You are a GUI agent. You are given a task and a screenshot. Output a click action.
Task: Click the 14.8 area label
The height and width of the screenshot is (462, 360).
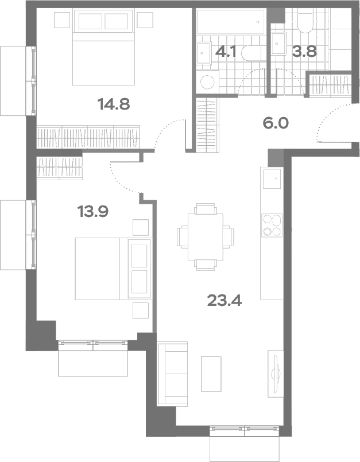pos(114,104)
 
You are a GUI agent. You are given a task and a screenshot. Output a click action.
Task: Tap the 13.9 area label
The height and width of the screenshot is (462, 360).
pos(93,211)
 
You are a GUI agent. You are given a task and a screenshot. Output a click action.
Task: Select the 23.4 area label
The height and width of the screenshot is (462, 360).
pos(224,301)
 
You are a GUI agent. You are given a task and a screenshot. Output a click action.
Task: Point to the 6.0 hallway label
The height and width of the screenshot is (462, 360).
pos(276,123)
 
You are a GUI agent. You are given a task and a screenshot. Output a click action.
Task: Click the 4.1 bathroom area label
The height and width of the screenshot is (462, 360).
pos(226,52)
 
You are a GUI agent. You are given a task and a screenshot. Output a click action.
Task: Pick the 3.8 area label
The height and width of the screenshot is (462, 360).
pos(304,52)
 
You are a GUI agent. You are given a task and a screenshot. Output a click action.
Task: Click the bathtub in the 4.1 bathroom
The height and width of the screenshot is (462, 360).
pos(231,22)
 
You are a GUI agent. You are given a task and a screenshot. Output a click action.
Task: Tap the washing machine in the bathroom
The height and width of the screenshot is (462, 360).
pos(208,81)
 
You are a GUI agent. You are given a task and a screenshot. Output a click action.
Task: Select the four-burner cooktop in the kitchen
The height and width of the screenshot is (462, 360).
pos(272,226)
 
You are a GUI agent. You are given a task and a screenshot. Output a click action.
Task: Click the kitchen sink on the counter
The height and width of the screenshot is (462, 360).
pos(272,178)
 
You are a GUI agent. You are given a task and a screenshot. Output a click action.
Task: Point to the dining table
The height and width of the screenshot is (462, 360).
pos(206,237)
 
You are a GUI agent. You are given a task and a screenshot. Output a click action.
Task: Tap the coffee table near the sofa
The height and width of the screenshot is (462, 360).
pos(211,374)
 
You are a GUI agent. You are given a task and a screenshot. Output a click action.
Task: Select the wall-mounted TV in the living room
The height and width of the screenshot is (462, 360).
pos(276,374)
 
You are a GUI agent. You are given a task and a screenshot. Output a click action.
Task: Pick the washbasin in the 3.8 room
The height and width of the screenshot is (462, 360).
pos(278,44)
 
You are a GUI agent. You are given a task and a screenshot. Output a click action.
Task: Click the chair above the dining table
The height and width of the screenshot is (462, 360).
pos(206,208)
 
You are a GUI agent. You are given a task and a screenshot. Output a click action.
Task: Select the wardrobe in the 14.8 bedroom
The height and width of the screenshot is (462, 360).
pos(88,138)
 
